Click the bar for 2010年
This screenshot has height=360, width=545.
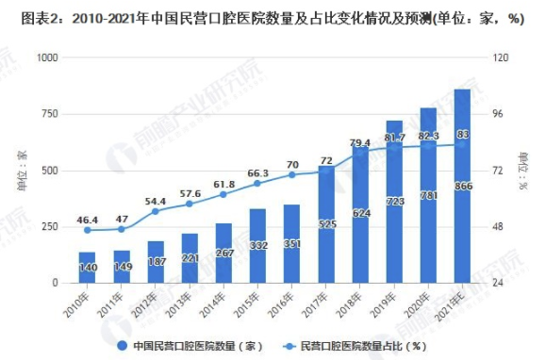pos(87,268)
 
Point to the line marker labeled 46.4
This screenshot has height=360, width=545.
pos(87,230)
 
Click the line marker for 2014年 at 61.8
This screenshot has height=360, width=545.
pos(223,195)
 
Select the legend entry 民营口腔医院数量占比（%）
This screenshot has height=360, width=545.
pos(360,346)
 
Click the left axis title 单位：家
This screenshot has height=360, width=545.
pos(21,170)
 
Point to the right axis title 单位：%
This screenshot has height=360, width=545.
pos(524,170)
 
